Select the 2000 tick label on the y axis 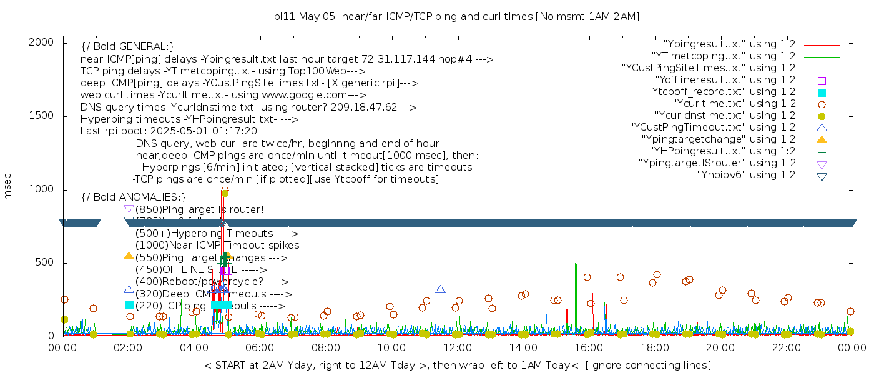tap(41, 42)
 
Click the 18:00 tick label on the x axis tap(655, 347)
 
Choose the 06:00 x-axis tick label tap(260, 347)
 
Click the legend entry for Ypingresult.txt tap(729, 44)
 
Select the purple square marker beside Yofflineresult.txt tap(822, 80)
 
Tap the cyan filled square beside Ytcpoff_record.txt tap(822, 92)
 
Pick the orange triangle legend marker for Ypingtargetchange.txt tap(822, 139)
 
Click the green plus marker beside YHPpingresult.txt tap(822, 151)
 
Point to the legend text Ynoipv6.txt tap(746, 175)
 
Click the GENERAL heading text tap(127, 47)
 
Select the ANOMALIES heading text tap(134, 197)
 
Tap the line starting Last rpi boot tap(169, 131)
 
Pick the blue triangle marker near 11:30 tap(440, 289)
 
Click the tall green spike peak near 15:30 tap(576, 196)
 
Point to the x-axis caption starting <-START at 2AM tap(457, 365)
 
